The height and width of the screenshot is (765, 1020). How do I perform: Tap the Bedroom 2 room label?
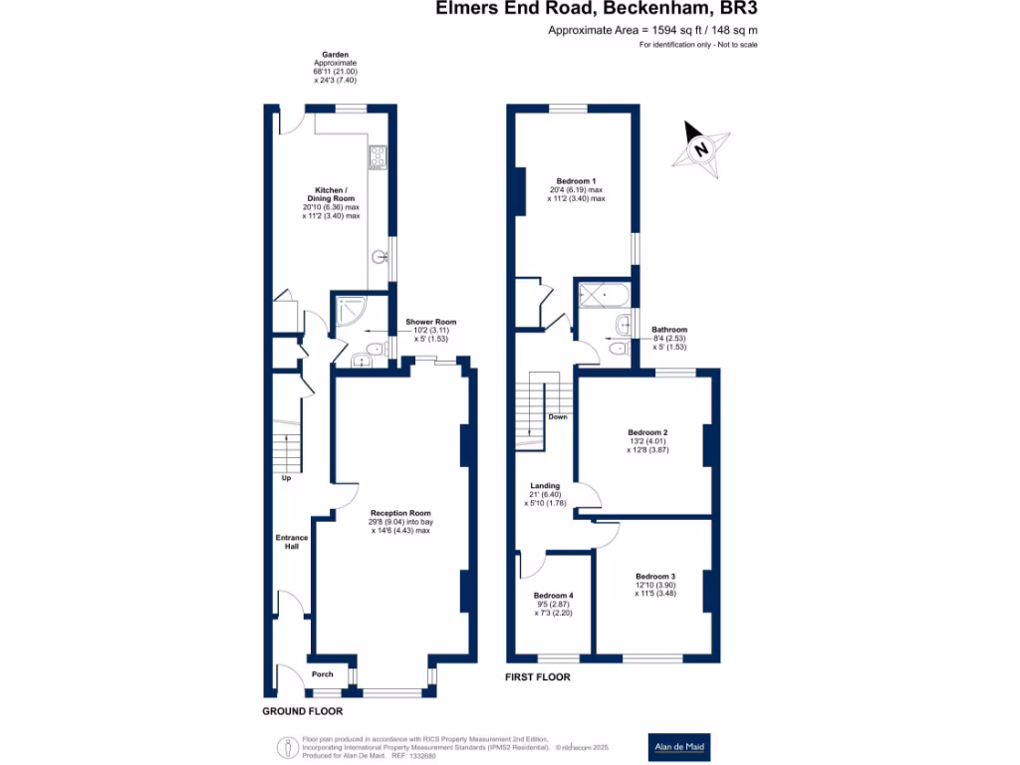coord(647,432)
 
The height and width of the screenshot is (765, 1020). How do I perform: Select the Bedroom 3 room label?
coord(655,577)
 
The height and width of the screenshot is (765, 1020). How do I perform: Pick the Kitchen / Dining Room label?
coord(330,194)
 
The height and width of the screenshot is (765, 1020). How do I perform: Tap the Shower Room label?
coord(431,323)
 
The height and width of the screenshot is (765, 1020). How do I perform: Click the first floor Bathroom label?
coord(669,330)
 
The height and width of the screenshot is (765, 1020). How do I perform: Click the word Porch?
coord(323,674)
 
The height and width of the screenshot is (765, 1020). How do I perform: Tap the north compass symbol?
coord(701,150)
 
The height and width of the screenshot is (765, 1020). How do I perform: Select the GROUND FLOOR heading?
coord(302,711)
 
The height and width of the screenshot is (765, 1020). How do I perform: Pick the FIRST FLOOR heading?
coord(538,677)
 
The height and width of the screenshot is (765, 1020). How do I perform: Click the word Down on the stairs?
coord(557,416)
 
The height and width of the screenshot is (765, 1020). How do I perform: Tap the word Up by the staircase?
coord(286,478)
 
